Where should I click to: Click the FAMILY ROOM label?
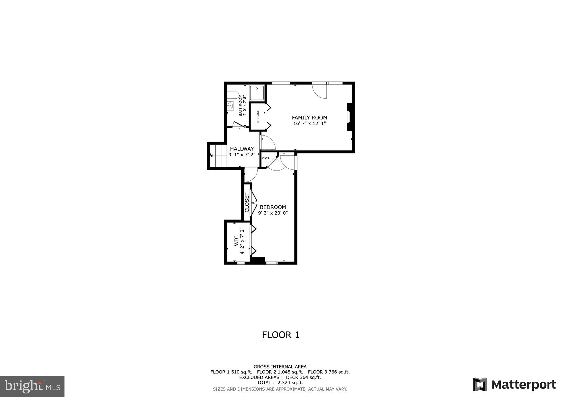309,118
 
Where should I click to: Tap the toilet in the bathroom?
233,95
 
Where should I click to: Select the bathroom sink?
230,106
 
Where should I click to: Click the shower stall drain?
257,89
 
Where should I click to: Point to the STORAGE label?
258,117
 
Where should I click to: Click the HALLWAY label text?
242,149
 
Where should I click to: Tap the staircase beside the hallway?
218,156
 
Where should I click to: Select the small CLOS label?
265,158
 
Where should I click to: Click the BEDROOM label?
273,207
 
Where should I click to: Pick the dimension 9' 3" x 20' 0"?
273,213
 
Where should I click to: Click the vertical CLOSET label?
247,203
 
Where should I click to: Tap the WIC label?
236,241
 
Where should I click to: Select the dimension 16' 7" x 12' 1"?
309,124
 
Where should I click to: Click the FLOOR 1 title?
280,335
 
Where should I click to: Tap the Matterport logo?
514,384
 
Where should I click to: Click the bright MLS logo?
32,386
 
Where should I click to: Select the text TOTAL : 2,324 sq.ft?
280,383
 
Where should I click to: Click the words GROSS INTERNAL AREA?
280,367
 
